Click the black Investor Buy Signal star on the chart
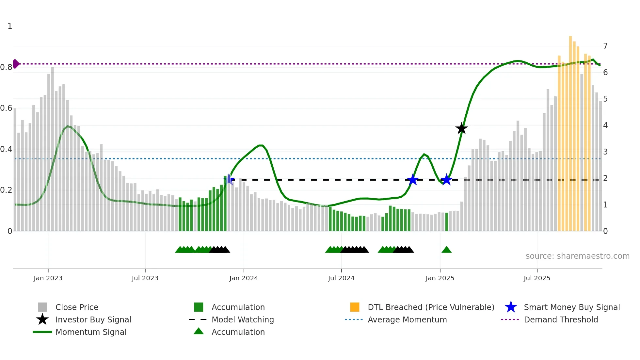[461, 128]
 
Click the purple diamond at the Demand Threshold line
[16, 64]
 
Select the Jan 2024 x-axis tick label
[244, 278]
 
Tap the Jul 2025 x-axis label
[537, 278]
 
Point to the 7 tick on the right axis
[605, 46]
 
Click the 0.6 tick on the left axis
[6, 108]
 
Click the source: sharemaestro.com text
[577, 256]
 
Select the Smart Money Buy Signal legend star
[511, 307]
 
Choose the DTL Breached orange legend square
[355, 307]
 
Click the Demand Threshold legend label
[561, 319]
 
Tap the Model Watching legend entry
[243, 319]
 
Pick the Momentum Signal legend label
[91, 332]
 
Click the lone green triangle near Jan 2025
[446, 250]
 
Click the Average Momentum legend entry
[407, 319]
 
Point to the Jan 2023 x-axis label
[48, 278]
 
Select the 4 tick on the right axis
[605, 125]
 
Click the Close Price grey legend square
[42, 307]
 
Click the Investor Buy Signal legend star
[42, 319]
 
